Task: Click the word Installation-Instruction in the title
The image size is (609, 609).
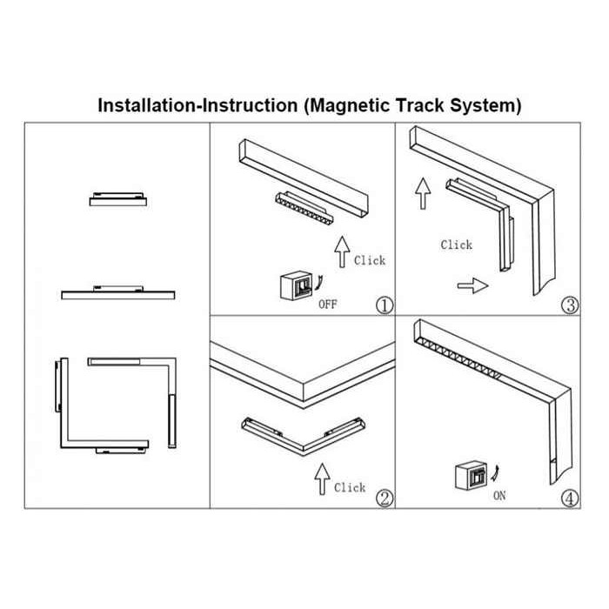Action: click(x=196, y=106)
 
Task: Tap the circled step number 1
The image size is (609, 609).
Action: click(x=384, y=304)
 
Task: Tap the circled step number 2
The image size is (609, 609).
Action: click(x=384, y=499)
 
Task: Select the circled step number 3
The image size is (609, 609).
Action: click(x=570, y=304)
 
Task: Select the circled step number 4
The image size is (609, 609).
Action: click(x=570, y=499)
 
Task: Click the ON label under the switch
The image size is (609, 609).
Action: click(x=499, y=496)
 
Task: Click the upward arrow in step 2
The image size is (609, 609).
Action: click(x=322, y=479)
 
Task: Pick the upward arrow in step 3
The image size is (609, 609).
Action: click(x=424, y=192)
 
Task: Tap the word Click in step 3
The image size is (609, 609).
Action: click(x=456, y=244)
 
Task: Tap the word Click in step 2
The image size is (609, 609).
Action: click(x=350, y=487)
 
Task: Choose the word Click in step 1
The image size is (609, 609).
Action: click(x=369, y=259)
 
